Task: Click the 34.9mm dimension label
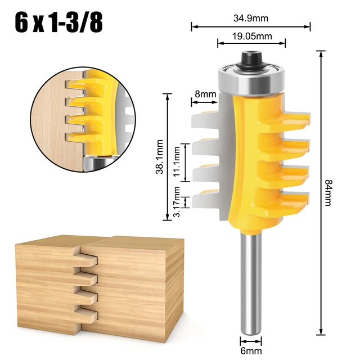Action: coord(251,17)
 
